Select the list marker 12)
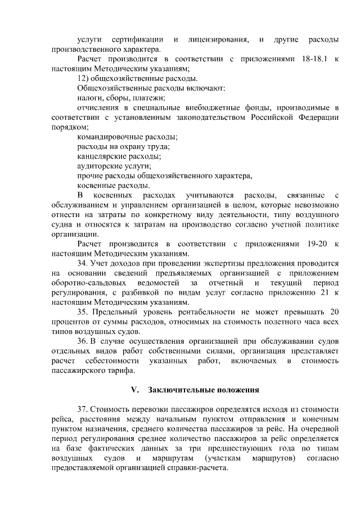click(x=83, y=78)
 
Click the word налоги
click(x=88, y=98)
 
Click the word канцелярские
click(x=100, y=156)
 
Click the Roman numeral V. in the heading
click(x=134, y=390)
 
